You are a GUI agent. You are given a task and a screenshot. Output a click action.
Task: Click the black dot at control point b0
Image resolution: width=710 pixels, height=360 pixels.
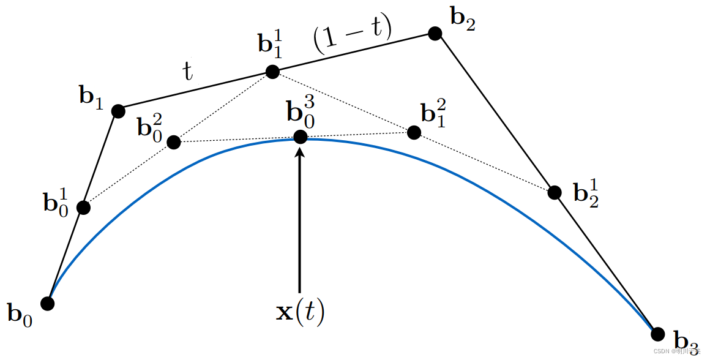47,303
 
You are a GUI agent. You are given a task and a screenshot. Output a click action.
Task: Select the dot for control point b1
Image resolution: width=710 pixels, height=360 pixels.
118,111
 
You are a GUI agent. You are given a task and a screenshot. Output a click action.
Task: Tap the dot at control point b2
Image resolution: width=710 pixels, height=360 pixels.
435,33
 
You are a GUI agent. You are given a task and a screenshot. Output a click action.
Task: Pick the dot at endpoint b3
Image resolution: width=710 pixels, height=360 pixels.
658,334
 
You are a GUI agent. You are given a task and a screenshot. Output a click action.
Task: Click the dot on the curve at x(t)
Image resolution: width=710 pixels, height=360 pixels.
300,137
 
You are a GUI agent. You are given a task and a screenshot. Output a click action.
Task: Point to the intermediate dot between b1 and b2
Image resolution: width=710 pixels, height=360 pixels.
272,72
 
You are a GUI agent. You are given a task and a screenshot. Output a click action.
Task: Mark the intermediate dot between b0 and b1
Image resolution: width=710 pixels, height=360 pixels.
84,208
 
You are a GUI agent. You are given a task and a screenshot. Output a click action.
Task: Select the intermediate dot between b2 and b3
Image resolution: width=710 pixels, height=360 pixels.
555,192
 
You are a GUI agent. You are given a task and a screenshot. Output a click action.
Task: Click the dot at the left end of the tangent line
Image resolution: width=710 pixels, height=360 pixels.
174,142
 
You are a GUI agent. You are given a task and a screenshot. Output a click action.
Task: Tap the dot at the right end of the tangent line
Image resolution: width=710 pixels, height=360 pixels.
414,132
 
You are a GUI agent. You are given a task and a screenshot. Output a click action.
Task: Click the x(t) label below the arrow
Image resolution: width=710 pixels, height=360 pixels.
300,312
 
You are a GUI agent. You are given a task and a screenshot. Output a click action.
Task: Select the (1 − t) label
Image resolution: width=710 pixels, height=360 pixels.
352,40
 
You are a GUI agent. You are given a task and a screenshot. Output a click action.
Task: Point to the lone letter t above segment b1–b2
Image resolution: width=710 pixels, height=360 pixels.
188,72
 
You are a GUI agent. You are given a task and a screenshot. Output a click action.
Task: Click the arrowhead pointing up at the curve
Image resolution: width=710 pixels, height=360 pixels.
300,152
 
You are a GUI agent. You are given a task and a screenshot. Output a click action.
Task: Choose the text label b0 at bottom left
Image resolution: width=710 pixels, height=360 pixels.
20,315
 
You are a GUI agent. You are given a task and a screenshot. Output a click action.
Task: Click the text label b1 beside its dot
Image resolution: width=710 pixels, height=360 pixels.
91,97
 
